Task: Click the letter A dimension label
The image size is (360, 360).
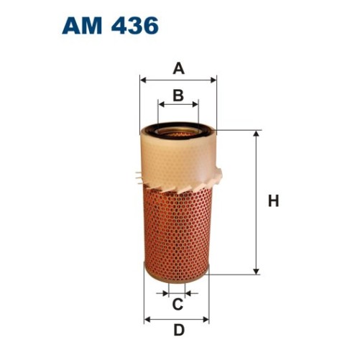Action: point(178,69)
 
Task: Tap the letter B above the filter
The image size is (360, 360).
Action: point(178,94)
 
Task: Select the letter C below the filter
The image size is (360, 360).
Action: point(177,305)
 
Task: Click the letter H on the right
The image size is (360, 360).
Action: point(273,202)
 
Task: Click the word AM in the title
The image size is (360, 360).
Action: point(83,27)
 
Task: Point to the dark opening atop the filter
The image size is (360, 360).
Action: point(177,131)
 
